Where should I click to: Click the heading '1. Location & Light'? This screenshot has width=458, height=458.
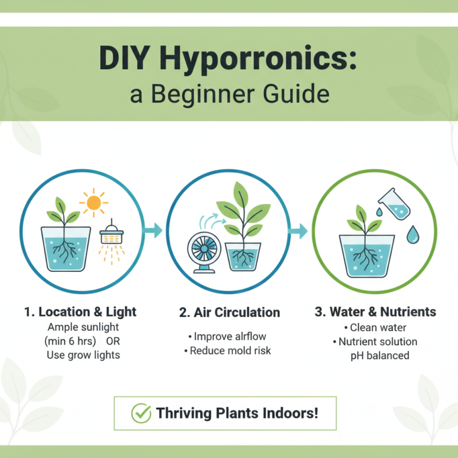coord(81,312)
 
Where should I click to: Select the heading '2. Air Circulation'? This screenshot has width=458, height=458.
coord(229,312)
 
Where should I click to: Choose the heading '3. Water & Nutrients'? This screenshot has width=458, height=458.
coord(376,312)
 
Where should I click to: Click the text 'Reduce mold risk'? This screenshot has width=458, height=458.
coord(230,350)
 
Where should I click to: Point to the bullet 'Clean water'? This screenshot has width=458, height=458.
coord(378,328)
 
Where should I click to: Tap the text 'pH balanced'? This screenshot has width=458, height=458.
coord(380,356)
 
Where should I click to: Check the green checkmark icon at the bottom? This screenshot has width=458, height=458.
coord(140,412)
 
